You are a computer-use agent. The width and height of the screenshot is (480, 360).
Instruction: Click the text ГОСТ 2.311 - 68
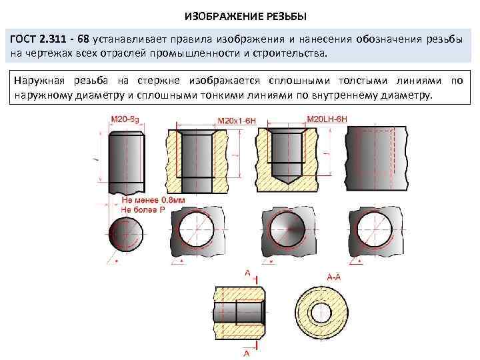pos(51,40)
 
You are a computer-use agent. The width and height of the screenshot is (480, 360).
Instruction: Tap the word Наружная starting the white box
pos(37,80)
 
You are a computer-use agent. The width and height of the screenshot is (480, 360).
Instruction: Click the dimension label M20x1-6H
pos(236,121)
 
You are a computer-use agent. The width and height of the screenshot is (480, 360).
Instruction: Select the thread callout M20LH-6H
pos(327,120)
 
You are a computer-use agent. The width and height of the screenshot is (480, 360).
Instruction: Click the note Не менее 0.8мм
pos(143,199)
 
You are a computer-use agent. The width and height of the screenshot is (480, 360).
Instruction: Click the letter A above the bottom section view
pos(247,273)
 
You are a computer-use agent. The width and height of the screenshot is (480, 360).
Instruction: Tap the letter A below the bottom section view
pos(247,352)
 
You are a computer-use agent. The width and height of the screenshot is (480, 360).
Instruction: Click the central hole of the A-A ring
pos(323,313)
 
